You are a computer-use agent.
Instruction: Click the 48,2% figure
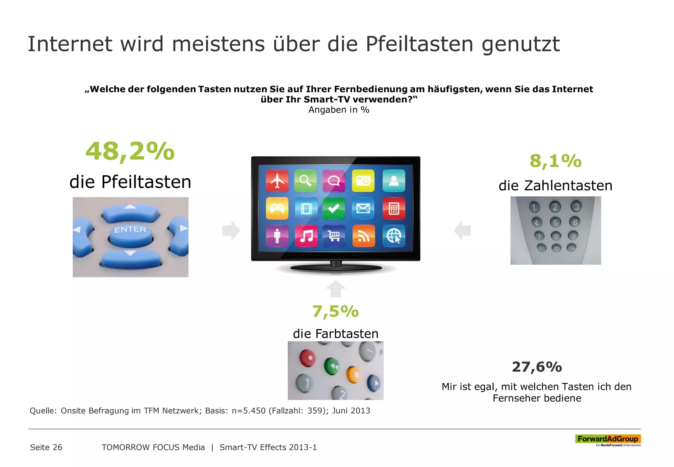[x=130, y=151]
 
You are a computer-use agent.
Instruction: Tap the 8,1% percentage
[x=555, y=161]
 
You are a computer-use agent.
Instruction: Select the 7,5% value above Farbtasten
[x=335, y=311]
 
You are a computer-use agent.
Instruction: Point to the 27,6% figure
[x=537, y=367]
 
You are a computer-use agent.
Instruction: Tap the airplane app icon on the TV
[x=277, y=181]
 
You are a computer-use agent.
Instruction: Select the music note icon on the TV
[x=306, y=236]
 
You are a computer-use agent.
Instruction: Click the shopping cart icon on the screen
[x=334, y=236]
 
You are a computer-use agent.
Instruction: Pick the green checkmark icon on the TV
[x=334, y=208]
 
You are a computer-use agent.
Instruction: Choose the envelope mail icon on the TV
[x=363, y=208]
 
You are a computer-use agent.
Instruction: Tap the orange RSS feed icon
[x=363, y=236]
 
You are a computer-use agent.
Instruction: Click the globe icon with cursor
[x=394, y=236]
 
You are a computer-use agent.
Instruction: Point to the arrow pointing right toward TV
[x=231, y=231]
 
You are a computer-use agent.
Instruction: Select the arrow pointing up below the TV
[x=336, y=288]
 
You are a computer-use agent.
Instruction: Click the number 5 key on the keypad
[x=556, y=223]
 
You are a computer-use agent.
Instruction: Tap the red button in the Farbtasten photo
[x=308, y=358]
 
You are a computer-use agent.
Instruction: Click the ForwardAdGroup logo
[x=608, y=439]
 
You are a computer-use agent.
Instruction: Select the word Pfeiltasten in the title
[x=419, y=44]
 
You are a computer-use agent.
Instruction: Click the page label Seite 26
[x=46, y=447]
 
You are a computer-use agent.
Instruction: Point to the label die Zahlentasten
[x=555, y=186]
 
